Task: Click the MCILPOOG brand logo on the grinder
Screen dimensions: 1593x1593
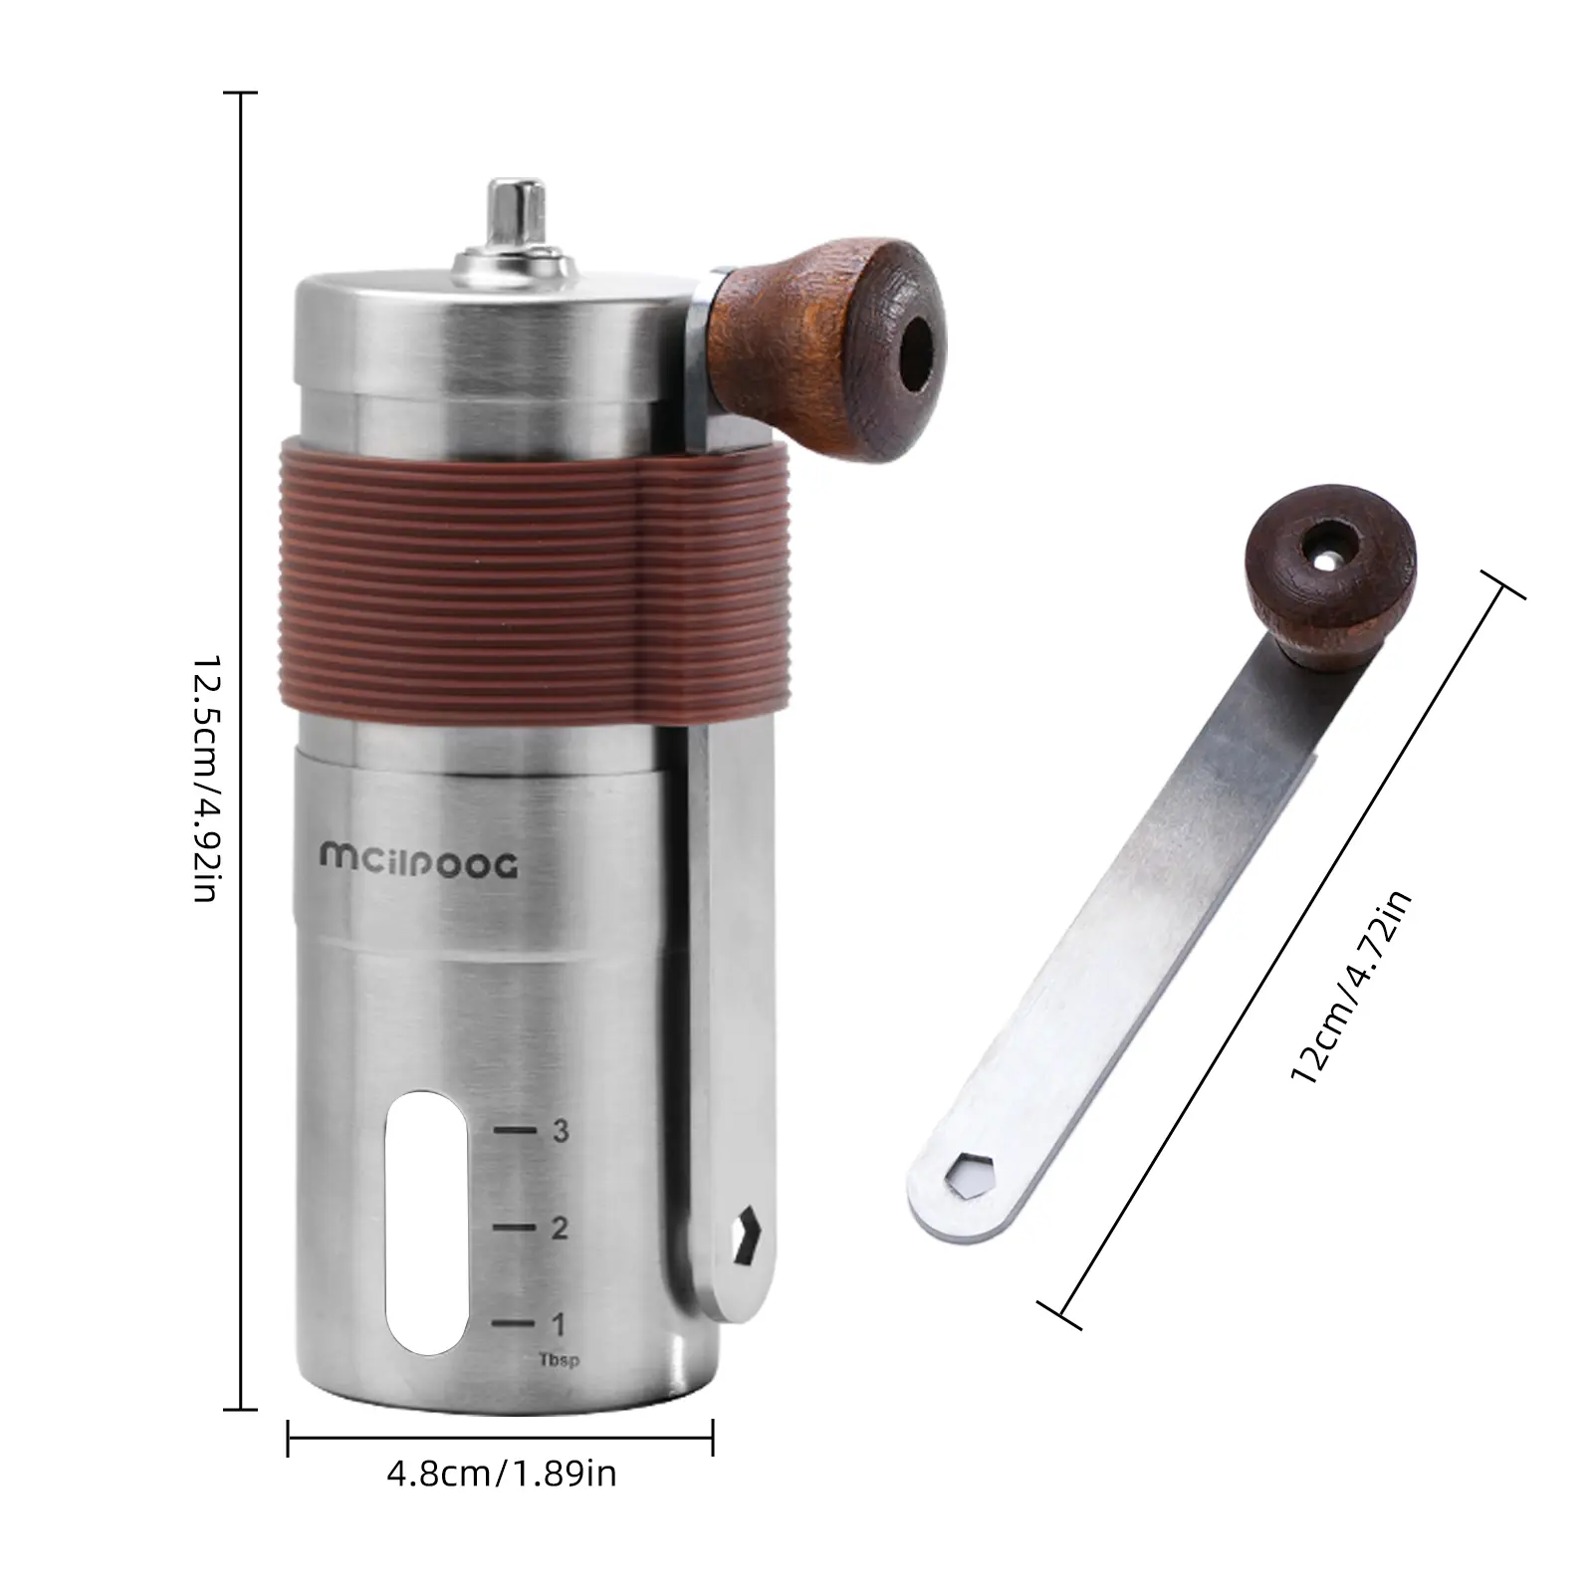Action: (419, 863)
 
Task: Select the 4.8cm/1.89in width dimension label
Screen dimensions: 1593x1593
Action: (502, 1473)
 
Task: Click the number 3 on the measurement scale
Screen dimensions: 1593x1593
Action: (561, 1131)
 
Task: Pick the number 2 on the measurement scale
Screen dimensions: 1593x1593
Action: (560, 1228)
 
